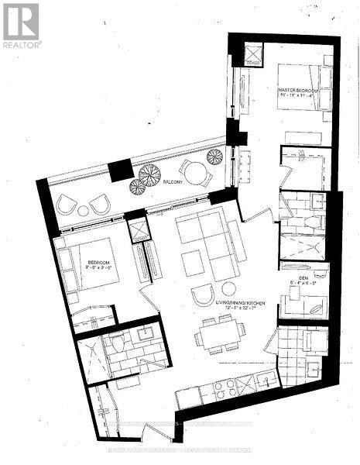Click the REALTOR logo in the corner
pos(22,23)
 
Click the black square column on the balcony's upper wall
pos(120,170)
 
